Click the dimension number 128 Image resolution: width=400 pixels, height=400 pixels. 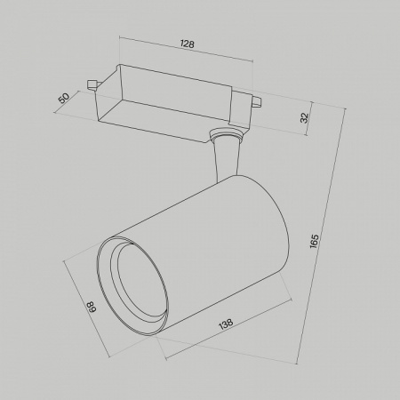(188, 44)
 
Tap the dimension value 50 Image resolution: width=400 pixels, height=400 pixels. (64, 98)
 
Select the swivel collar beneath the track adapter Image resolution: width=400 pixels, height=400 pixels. (224, 138)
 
